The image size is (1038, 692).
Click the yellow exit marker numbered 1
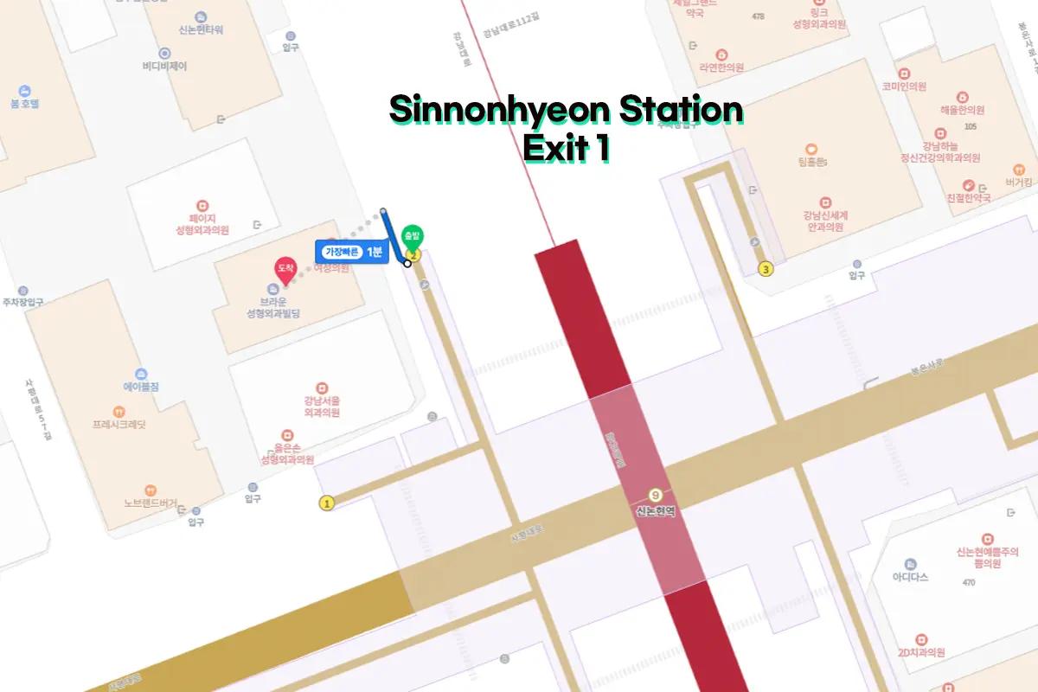click(x=327, y=503)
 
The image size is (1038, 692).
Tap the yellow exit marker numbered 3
click(x=766, y=270)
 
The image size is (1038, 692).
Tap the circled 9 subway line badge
click(x=656, y=495)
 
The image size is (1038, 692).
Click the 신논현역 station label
click(x=656, y=511)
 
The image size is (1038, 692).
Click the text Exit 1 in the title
click(x=567, y=148)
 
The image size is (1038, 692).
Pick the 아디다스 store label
click(x=910, y=577)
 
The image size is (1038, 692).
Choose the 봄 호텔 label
click(x=25, y=103)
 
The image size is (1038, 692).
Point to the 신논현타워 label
click(x=201, y=29)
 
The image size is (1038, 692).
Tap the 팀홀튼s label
click(x=811, y=163)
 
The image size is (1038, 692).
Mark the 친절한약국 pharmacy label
click(x=966, y=198)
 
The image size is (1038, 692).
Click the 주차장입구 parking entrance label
click(x=23, y=303)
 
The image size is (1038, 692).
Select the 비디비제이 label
click(x=164, y=66)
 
